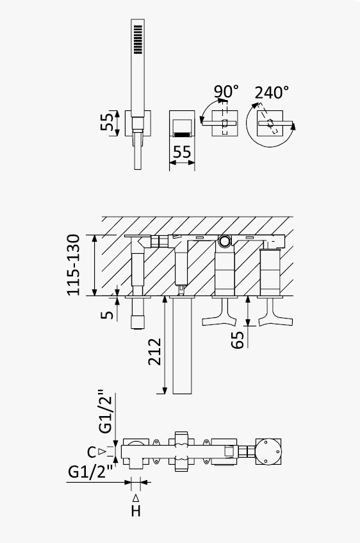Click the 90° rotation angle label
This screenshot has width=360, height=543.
(x=226, y=92)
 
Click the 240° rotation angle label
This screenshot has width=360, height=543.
(x=272, y=92)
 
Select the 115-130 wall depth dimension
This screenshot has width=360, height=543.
(x=74, y=265)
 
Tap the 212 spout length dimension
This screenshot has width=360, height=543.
(x=155, y=351)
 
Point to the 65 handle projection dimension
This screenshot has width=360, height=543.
(x=238, y=340)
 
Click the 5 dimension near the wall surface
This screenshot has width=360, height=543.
(x=107, y=314)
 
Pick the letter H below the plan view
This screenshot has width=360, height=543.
(x=136, y=511)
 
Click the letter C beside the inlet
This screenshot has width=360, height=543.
(x=92, y=452)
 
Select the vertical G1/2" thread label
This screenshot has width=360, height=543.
(x=106, y=412)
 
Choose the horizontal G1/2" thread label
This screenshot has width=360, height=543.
(x=90, y=472)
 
